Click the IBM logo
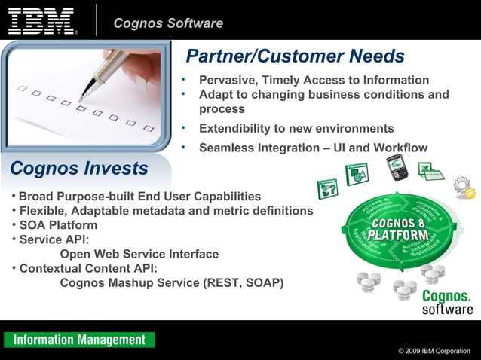42,21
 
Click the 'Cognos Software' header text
168,23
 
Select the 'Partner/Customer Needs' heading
295,56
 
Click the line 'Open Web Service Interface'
139,254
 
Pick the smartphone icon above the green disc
397,167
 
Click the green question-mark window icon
328,188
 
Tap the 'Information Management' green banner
79,340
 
